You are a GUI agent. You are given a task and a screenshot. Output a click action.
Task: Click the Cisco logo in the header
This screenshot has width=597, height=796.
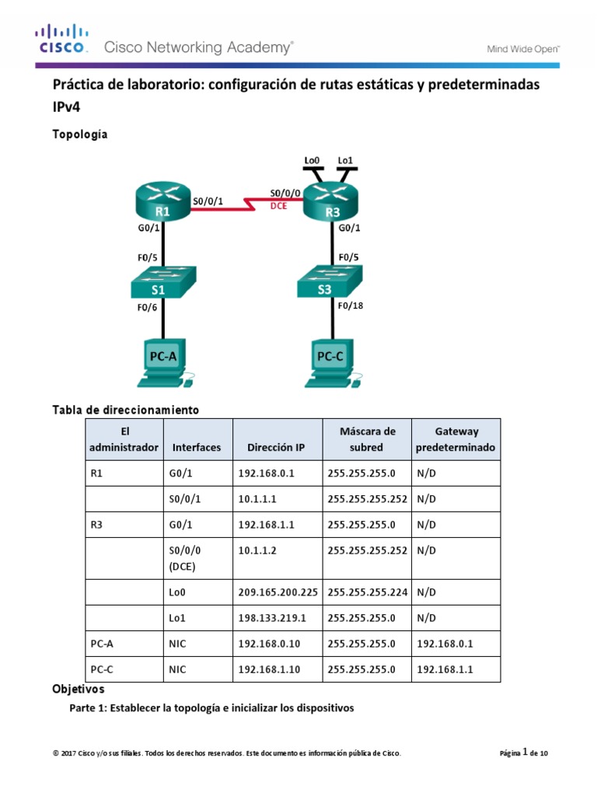(x=63, y=40)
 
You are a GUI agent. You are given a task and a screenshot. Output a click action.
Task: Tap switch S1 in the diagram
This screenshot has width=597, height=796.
(x=162, y=283)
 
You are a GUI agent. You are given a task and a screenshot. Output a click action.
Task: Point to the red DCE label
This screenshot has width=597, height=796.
(x=278, y=207)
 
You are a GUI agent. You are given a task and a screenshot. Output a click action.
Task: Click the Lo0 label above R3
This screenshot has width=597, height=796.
(x=312, y=161)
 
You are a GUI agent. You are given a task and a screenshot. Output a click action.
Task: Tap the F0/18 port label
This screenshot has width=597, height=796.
(x=350, y=305)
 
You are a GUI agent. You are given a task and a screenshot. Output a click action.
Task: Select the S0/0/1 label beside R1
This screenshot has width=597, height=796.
(x=207, y=201)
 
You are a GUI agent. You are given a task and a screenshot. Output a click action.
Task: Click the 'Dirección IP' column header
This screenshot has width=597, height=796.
(x=276, y=447)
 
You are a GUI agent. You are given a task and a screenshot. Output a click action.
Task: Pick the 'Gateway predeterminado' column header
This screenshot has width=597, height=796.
(x=456, y=439)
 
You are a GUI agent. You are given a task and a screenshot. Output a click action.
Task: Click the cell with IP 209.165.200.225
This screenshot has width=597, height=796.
(x=278, y=592)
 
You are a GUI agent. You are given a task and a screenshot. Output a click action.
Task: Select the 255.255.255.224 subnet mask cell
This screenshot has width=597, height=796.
(x=367, y=592)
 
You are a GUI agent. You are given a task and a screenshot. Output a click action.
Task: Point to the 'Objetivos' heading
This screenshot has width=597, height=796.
(x=78, y=689)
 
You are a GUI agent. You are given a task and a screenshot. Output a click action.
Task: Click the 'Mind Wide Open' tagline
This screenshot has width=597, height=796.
(x=523, y=48)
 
